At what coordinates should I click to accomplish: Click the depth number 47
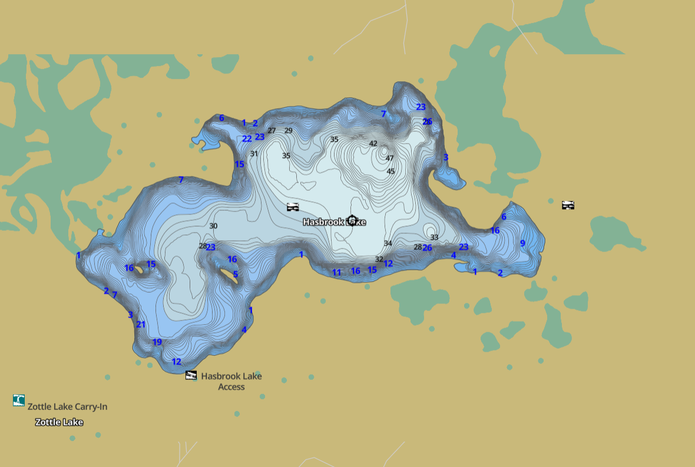[x=389, y=158]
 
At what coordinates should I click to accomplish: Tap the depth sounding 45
[x=390, y=171]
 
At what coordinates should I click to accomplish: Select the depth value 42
[x=373, y=144]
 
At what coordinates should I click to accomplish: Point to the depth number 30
[x=213, y=226]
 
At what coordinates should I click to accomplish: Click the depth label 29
[x=288, y=131]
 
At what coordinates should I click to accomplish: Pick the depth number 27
[x=272, y=131]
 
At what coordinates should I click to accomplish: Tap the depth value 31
[x=254, y=154]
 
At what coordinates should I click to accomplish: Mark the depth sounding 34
[x=388, y=243]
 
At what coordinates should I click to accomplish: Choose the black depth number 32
[x=379, y=259]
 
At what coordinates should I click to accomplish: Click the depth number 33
[x=434, y=237]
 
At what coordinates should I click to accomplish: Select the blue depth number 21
[x=141, y=324]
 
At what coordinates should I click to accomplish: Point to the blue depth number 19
[x=157, y=342]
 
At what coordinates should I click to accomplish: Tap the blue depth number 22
[x=247, y=139]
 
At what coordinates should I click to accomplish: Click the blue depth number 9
[x=522, y=243]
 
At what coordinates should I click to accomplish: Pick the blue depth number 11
[x=336, y=273]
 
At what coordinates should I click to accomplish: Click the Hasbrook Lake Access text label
[x=231, y=381]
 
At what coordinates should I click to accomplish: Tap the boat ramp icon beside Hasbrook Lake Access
[x=191, y=375]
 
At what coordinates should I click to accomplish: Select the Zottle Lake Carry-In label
[x=67, y=406]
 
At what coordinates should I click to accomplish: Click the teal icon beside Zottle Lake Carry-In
[x=19, y=400]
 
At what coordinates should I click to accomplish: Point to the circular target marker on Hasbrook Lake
[x=352, y=221]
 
